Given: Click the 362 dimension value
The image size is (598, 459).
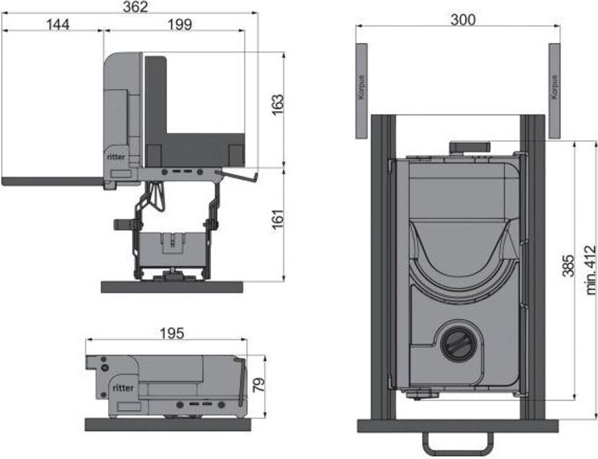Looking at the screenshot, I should pos(135,7).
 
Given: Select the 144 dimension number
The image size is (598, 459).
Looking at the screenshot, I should pos(57,24).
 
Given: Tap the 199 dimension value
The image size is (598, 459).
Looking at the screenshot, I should pos(179,24).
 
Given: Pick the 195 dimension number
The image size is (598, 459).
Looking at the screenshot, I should pos(172,333).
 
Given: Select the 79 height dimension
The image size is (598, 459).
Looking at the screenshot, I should pos(259,384).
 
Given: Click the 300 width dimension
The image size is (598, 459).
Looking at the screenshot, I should pos(463,19).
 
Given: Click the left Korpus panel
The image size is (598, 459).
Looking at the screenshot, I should pos(362,90).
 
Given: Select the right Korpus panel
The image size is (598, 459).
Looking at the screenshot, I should pos(554,90).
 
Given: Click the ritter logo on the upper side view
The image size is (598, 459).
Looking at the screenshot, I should pos(116,156).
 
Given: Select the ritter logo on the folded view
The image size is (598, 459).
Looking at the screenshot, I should pos(123,387).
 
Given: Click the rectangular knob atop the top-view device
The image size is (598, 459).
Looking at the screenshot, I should pos(468,146).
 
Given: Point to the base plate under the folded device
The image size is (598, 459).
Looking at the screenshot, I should pos(168,425).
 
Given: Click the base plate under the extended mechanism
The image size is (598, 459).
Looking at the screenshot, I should pos(172,287).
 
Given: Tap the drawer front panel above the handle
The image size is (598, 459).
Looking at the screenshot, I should pos(458,426).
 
